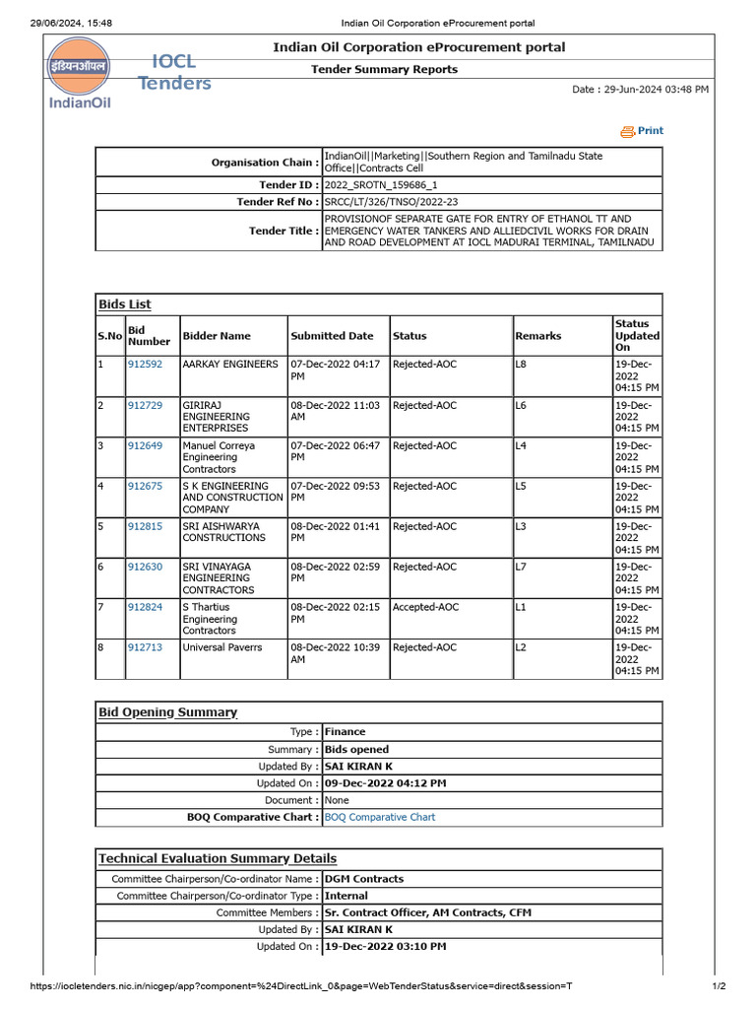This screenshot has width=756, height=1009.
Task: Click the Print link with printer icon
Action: coord(642,131)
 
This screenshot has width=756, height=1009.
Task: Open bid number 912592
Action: coord(145,365)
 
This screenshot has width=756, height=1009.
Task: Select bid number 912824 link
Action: coord(145,608)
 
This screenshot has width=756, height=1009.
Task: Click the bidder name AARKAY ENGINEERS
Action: coord(230,365)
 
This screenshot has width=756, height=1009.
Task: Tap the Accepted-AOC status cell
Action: coord(424,608)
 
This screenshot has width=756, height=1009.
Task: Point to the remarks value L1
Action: coord(521,608)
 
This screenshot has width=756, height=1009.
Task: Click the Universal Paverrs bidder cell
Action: coord(222,648)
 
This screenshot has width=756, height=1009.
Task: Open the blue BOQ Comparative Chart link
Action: coord(380,817)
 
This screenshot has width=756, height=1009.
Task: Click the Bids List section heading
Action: coord(124,304)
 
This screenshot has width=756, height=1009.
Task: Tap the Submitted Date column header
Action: coord(332,336)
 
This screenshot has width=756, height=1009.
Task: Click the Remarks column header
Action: coord(538,336)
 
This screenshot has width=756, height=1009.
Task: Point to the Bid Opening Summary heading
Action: coord(167,711)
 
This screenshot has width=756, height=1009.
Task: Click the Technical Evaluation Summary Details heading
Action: coord(218,858)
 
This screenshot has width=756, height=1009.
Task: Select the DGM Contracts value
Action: coord(364,879)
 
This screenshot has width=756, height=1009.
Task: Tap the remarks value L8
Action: coord(521,365)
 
